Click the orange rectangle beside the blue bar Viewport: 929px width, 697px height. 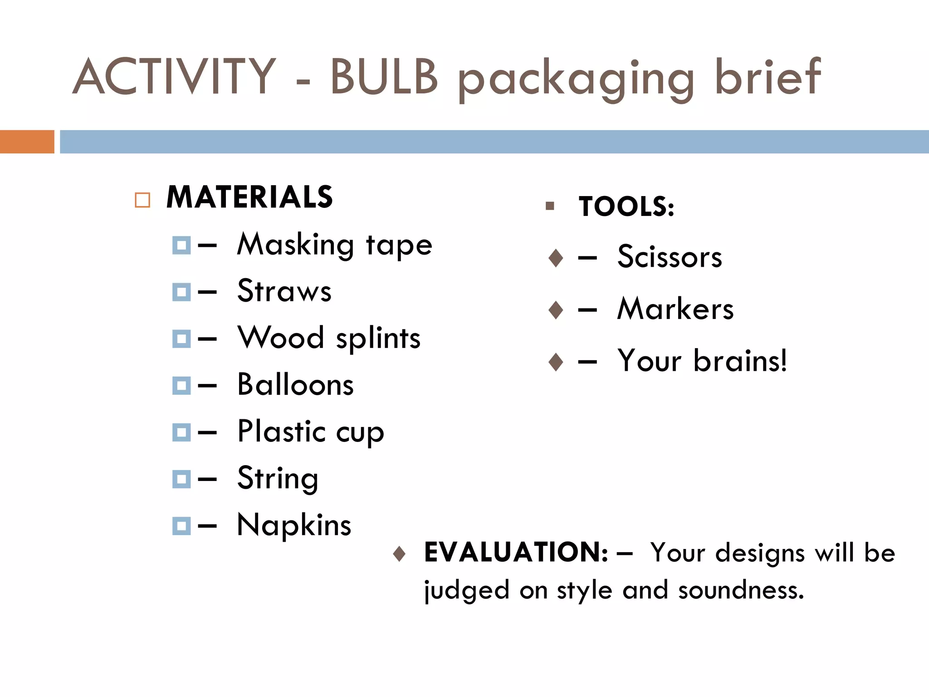click(27, 142)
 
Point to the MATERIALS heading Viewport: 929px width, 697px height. click(249, 197)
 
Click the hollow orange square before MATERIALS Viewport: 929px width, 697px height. click(142, 200)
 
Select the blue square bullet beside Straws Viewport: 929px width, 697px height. click(181, 292)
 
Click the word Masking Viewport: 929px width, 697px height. click(295, 245)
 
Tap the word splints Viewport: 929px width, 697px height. click(378, 339)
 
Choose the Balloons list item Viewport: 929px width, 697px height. click(295, 385)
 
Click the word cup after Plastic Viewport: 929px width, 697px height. click(360, 432)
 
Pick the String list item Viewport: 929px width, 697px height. click(278, 479)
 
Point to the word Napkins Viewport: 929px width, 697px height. click(294, 525)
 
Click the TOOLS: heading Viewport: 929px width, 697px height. click(626, 207)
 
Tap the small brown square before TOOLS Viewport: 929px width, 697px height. click(550, 206)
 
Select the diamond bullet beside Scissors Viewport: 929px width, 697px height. click(556, 258)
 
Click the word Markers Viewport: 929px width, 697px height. click(675, 309)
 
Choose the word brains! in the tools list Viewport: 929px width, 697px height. click(740, 361)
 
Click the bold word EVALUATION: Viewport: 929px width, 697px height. click(516, 552)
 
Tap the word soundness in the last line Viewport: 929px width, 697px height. click(741, 590)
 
